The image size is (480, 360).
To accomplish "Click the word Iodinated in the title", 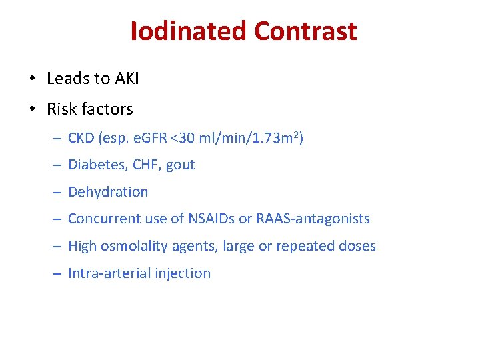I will [x=189, y=31].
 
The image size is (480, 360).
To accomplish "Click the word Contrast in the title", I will [x=305, y=31].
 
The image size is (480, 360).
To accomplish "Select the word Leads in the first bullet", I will [x=67, y=79].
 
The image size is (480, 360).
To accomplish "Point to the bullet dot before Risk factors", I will [x=33, y=109].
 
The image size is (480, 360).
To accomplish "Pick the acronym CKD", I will [x=82, y=138].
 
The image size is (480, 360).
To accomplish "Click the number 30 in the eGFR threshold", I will [x=190, y=138].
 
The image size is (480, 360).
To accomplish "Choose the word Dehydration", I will [x=108, y=192].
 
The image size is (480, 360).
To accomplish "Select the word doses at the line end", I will [x=358, y=246].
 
